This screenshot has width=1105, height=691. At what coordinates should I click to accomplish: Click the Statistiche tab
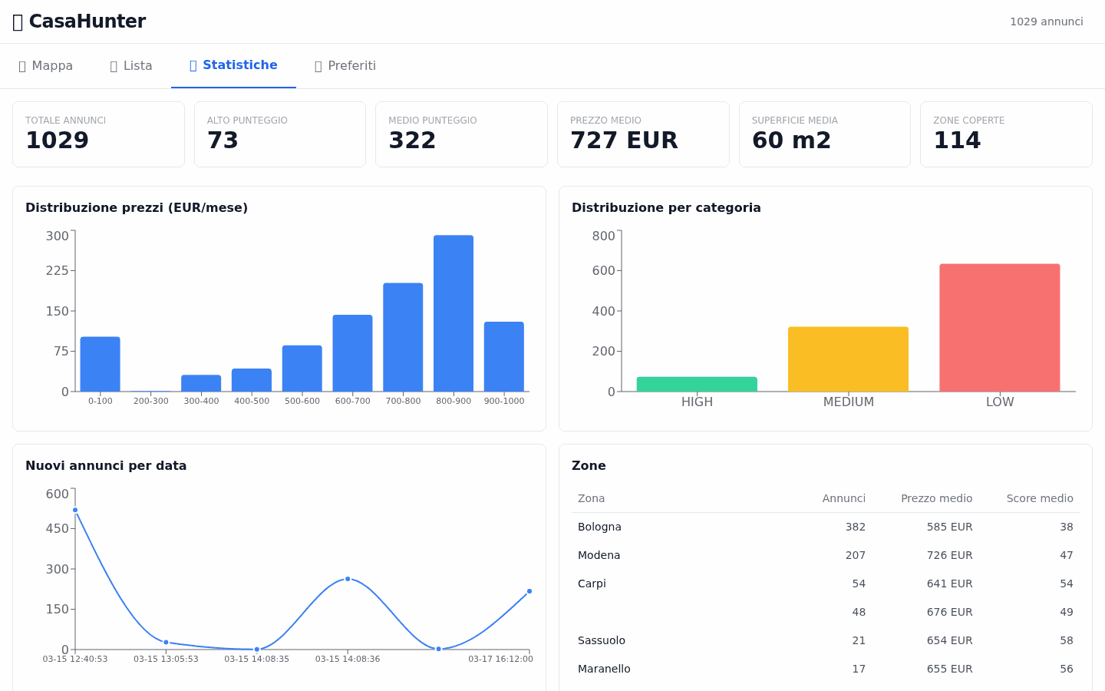point(233,65)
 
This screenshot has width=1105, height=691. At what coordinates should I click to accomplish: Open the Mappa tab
point(45,66)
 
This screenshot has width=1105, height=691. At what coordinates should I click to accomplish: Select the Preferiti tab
point(345,66)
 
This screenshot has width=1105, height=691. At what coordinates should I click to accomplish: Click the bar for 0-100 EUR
point(101,364)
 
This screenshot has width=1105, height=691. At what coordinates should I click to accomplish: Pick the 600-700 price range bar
point(352,353)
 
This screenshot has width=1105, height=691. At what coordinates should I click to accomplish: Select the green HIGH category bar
point(697,384)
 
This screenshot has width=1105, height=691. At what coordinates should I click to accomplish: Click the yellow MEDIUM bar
point(848,359)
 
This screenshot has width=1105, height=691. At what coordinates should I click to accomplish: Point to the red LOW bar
point(999,328)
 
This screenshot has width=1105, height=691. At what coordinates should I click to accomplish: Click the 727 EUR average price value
point(624,141)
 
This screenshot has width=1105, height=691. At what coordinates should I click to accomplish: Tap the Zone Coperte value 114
point(957,141)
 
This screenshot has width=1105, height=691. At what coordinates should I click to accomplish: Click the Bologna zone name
point(599,527)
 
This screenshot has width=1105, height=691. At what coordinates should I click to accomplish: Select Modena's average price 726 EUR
point(949,555)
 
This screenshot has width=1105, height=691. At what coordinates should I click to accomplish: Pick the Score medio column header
point(1039,498)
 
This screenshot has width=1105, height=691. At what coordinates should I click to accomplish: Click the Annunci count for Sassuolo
point(859,640)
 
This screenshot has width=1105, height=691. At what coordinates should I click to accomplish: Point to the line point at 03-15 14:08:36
point(348,579)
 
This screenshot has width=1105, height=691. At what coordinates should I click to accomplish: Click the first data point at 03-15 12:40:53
point(75,510)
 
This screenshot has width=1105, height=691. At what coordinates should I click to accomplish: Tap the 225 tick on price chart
point(58,270)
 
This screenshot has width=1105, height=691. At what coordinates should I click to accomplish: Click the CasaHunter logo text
point(87,21)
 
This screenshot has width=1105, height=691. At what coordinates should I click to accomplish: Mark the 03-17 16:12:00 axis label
point(500,659)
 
